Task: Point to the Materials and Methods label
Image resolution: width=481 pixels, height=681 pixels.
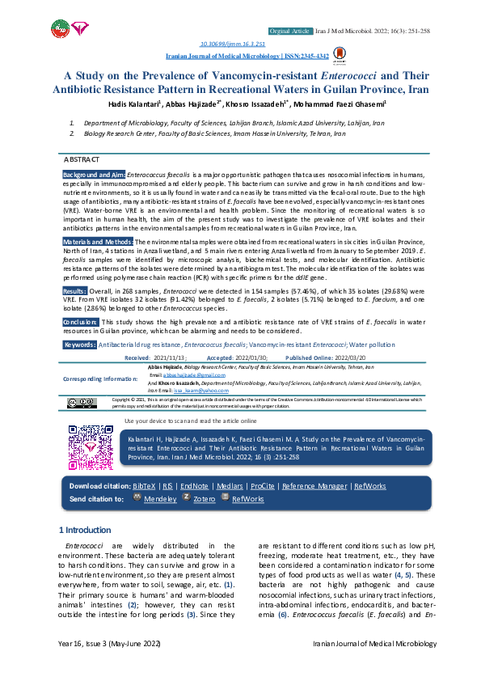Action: (x=98, y=241)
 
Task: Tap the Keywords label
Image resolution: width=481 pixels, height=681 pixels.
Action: (x=79, y=345)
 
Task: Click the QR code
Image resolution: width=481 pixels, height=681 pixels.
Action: (x=91, y=446)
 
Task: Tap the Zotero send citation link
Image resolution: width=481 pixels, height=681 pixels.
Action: (x=204, y=499)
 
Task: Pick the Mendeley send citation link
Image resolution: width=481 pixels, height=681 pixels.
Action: (x=160, y=499)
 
